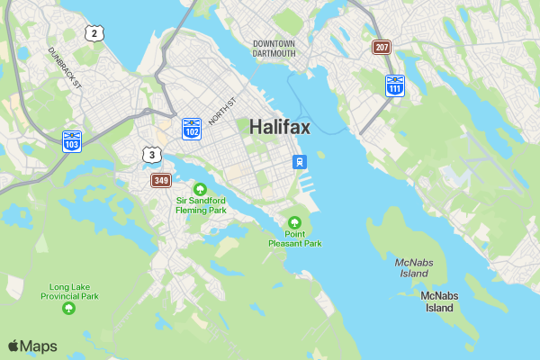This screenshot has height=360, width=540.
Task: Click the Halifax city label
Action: point(280,127)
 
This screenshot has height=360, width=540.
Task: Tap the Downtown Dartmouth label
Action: point(274,49)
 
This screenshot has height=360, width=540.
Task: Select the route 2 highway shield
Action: point(93,33)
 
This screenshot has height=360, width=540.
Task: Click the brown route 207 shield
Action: point(382,47)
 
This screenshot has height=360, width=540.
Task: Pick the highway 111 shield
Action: point(394,85)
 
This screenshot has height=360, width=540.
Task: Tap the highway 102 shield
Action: point(191,128)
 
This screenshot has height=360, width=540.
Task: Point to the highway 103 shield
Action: point(72,140)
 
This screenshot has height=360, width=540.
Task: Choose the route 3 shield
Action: point(152,155)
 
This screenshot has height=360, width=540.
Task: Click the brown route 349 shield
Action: point(161,181)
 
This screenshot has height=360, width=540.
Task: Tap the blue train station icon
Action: point(298,162)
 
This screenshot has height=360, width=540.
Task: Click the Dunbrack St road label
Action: point(65,67)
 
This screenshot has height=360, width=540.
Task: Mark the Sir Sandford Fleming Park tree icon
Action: point(200,188)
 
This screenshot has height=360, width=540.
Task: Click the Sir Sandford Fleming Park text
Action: point(201,205)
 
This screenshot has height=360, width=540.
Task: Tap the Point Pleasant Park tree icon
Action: point(294,222)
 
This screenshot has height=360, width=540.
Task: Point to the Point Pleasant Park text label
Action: point(294,238)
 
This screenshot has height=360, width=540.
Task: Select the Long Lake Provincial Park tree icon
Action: point(68,309)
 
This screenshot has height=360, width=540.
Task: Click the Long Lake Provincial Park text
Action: point(68,291)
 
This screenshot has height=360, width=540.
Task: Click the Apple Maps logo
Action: point(32,346)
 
